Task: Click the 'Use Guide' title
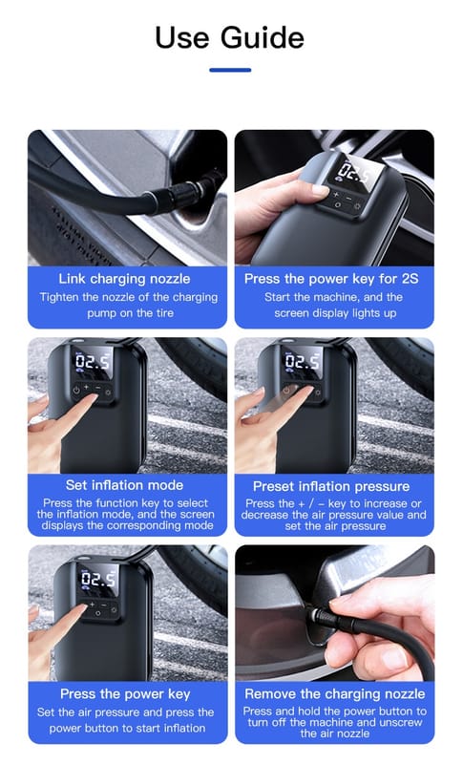coord(230,37)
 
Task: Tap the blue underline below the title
coord(230,70)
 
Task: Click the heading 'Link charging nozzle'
coord(125,279)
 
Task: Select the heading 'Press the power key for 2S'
coord(331,279)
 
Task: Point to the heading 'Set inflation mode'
coord(125,485)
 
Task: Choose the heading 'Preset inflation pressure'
coord(331,486)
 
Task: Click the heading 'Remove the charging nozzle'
coord(335,694)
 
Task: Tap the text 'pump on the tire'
coord(130,313)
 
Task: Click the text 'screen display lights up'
coord(335,313)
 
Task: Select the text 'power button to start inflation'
coord(127,728)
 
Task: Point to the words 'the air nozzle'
coord(335,733)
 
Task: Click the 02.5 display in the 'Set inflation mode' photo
coord(93,361)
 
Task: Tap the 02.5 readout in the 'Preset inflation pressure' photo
coord(303,361)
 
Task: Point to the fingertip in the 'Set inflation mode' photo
coord(91,400)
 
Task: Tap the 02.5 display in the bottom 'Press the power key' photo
coord(98,579)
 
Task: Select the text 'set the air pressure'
coord(335,526)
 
